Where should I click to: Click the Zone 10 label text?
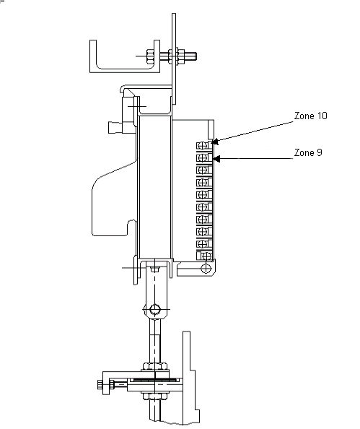point(310,116)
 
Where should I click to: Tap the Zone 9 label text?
point(308,152)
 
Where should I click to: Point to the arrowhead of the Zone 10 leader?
point(215,142)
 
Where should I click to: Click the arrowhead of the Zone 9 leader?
point(216,159)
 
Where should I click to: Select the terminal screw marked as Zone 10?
point(202,146)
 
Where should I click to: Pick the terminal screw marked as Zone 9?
point(202,158)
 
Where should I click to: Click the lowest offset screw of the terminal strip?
point(206,256)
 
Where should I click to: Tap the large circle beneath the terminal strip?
point(206,268)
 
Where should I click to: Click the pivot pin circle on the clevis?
point(155,309)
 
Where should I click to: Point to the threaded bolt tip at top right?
point(195,56)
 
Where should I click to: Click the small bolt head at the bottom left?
point(100,385)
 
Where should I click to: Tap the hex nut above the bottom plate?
point(154,366)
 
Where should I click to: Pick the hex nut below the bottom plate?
point(154,396)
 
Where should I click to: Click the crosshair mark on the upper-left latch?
point(136,106)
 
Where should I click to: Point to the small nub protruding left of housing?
point(115,128)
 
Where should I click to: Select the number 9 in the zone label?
point(319,152)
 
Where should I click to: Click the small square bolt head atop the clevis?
point(155,269)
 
